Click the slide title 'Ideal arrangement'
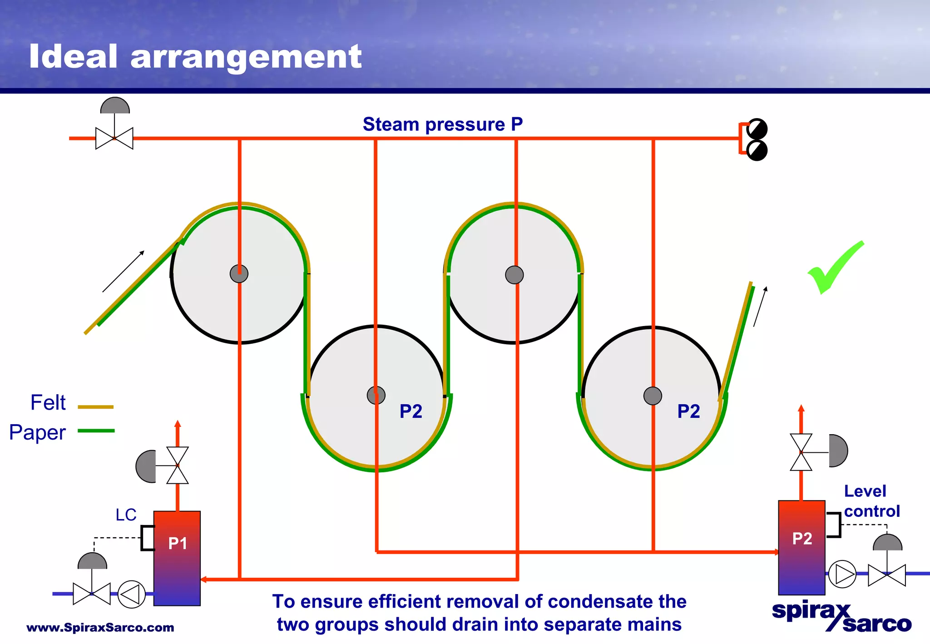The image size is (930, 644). click(195, 57)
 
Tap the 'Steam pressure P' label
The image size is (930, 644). click(443, 124)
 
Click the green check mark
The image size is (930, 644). click(835, 268)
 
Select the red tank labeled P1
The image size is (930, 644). click(177, 559)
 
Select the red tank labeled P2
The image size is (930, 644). click(801, 547)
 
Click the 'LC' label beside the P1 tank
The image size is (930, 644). click(126, 515)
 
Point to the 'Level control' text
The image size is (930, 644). click(871, 501)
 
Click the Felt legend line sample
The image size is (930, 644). click(95, 407)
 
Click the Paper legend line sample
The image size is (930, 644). click(96, 431)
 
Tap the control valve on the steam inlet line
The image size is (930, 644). click(114, 138)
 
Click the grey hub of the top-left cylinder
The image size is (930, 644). click(239, 274)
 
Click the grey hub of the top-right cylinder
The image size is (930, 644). click(514, 275)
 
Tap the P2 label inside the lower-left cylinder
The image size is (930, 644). click(411, 411)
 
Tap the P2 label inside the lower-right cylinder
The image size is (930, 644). click(688, 411)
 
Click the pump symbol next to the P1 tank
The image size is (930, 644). click(131, 594)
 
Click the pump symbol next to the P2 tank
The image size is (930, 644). click(842, 574)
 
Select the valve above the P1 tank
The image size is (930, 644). click(177, 466)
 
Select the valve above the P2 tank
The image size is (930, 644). click(801, 452)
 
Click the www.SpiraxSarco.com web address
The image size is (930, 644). click(100, 628)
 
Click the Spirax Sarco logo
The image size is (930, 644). click(841, 617)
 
